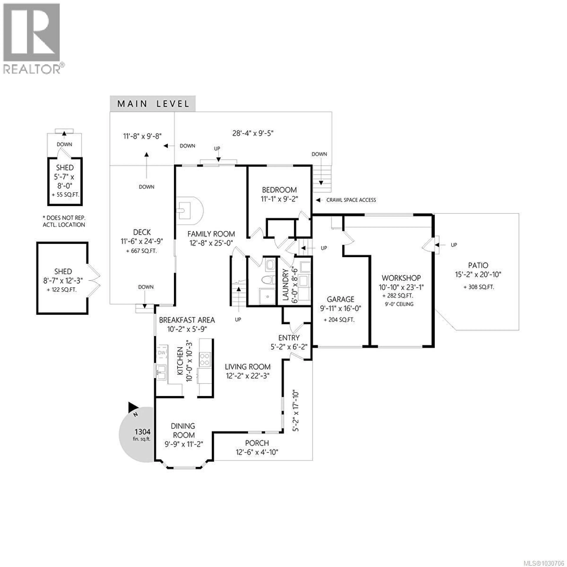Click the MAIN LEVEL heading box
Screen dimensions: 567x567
[153, 104]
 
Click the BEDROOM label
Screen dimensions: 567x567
[279, 190]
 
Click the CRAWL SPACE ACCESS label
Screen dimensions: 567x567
[351, 200]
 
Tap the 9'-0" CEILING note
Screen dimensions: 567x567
[399, 304]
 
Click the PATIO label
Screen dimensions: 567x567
[478, 265]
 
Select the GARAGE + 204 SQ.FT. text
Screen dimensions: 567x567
[339, 320]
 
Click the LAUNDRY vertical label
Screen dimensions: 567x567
[286, 285]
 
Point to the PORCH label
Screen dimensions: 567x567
[257, 443]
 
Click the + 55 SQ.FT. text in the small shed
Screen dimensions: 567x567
[65, 195]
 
